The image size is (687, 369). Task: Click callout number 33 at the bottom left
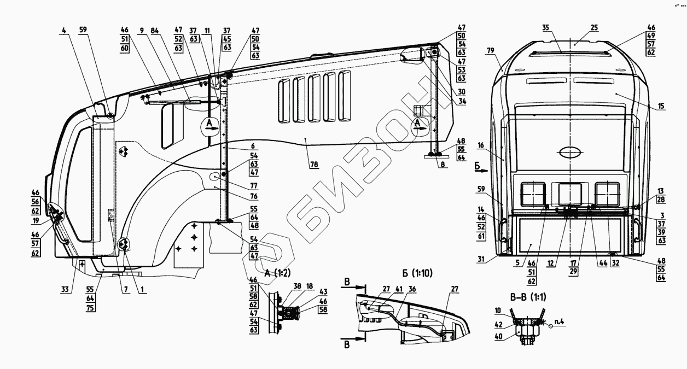[65, 290]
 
